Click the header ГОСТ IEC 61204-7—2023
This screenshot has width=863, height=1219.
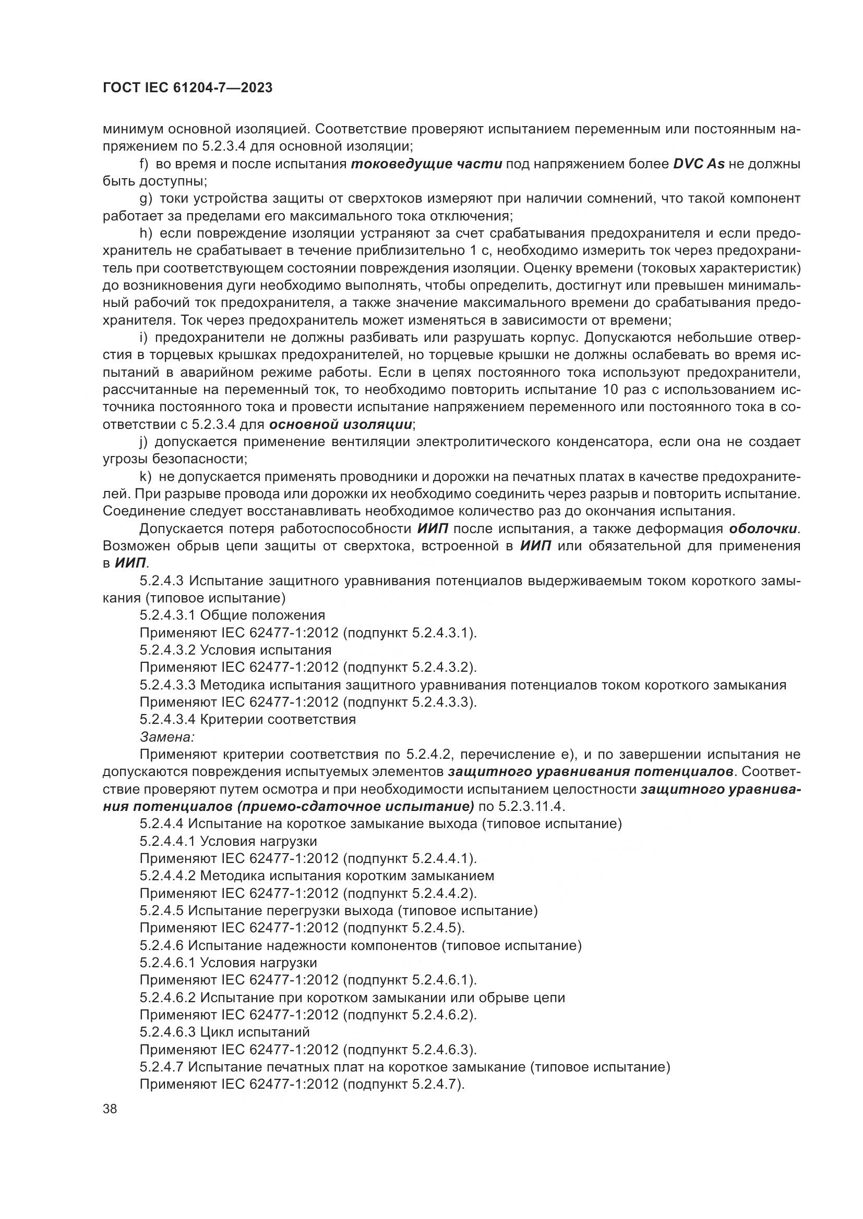coord(188,88)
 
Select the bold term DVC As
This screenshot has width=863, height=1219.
coord(698,164)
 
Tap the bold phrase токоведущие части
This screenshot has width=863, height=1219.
coord(426,164)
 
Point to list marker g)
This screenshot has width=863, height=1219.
coord(146,199)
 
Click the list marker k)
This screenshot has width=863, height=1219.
coord(146,477)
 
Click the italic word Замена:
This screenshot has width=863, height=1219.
coord(167,737)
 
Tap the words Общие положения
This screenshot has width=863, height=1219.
coord(262,615)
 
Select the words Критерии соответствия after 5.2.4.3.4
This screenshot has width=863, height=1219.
coord(278,719)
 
